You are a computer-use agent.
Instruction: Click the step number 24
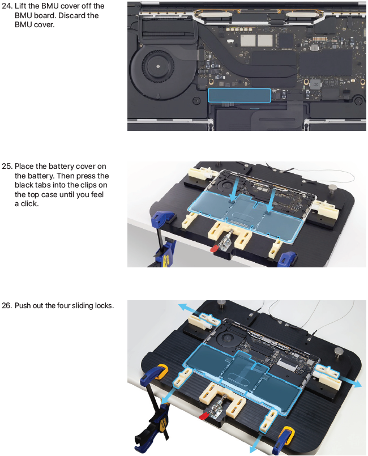(x=7, y=6)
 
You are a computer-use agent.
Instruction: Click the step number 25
(x=7, y=167)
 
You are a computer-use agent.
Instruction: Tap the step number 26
(x=7, y=306)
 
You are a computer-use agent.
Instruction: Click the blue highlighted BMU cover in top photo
(x=239, y=95)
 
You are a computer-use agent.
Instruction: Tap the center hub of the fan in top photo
(x=158, y=66)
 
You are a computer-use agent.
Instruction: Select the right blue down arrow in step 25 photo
(x=271, y=198)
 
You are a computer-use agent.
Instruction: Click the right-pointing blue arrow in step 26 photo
(x=351, y=381)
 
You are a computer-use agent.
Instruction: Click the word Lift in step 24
(x=20, y=6)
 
